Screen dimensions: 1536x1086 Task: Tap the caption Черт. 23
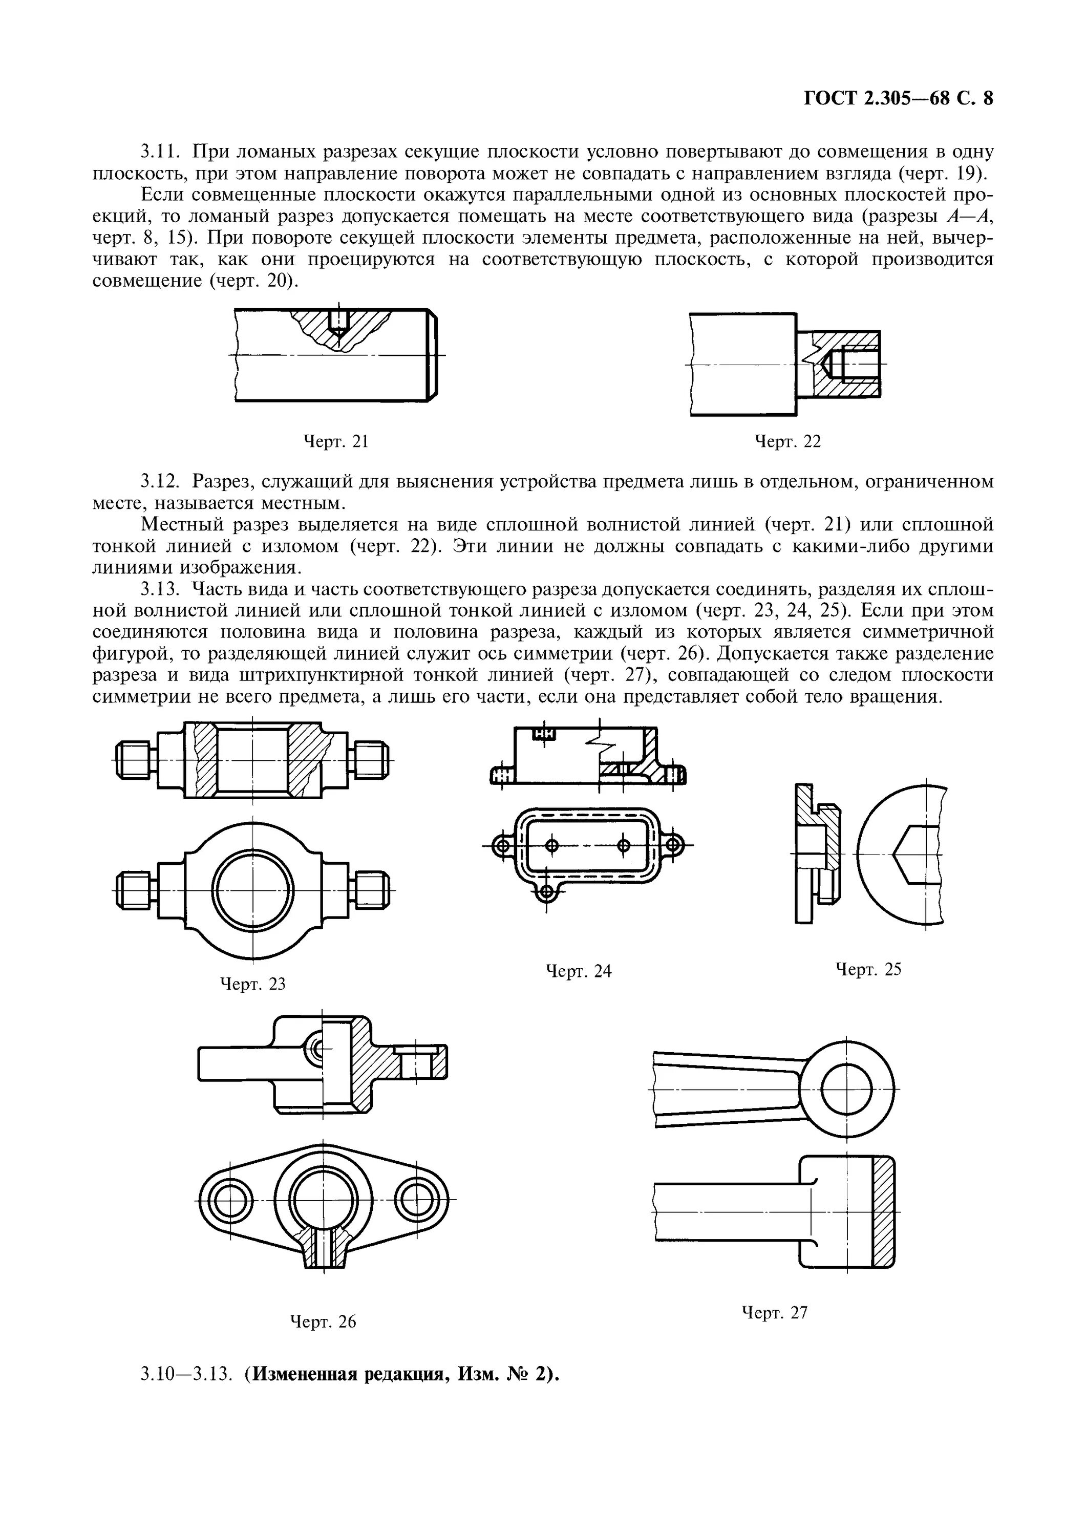(x=253, y=984)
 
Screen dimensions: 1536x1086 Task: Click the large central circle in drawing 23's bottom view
(x=253, y=890)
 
